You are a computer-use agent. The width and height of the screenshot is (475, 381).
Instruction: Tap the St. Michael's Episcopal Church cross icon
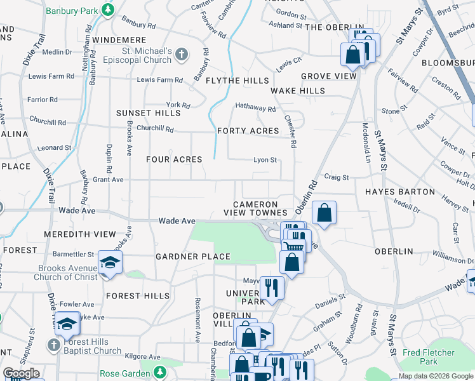pos(182,55)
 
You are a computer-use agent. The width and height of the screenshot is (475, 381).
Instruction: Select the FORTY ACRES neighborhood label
pos(248,131)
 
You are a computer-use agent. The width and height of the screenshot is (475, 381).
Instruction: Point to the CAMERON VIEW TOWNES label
pos(260,208)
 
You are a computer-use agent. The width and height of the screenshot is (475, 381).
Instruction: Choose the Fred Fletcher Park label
pos(429,357)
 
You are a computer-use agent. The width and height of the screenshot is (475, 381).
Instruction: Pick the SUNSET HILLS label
pos(148,113)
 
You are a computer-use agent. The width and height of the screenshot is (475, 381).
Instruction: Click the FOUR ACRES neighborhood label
pos(174,159)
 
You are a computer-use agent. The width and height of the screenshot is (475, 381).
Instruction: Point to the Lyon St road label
pos(265,160)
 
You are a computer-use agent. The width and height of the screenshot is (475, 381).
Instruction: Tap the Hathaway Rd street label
pos(255,109)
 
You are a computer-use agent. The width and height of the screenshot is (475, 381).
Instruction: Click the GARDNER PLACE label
pos(192,257)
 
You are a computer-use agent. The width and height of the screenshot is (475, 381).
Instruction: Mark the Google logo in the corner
pos(21,373)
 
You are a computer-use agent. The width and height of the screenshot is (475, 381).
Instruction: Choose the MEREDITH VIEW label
pos(80,234)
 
